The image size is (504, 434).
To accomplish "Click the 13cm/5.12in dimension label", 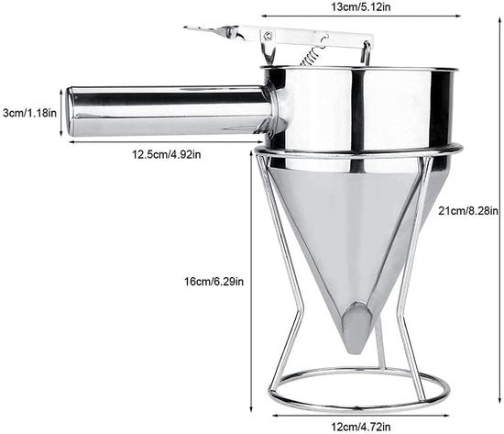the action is (x=361, y=6).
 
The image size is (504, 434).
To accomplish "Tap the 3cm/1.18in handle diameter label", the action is (x=29, y=113).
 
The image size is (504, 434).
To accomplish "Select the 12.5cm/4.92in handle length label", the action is (x=167, y=154).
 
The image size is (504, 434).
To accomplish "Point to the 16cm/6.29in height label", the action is (x=214, y=282).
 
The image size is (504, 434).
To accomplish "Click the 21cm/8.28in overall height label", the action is (x=468, y=211).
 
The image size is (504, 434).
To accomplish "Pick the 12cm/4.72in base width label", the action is (x=361, y=427).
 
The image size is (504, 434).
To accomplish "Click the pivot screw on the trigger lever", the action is (x=268, y=35).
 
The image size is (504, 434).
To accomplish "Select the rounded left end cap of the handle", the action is (x=70, y=111).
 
